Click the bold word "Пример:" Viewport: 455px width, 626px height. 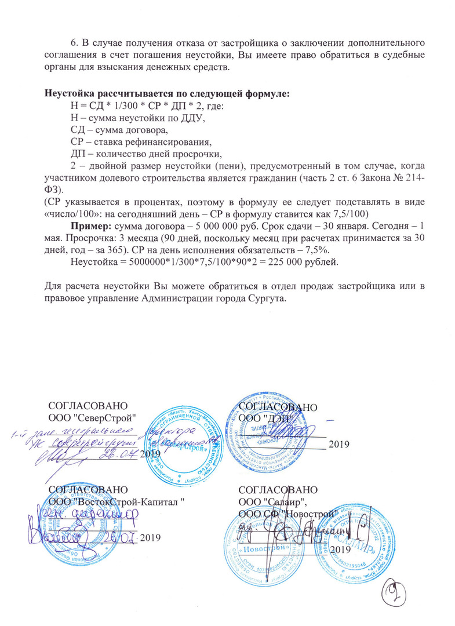(x=92, y=225)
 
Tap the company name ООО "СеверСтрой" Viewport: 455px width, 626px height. (x=93, y=417)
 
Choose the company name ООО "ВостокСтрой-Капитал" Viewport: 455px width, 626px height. (x=117, y=501)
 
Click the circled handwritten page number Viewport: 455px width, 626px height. (x=396, y=593)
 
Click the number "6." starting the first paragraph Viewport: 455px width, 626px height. (x=74, y=44)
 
